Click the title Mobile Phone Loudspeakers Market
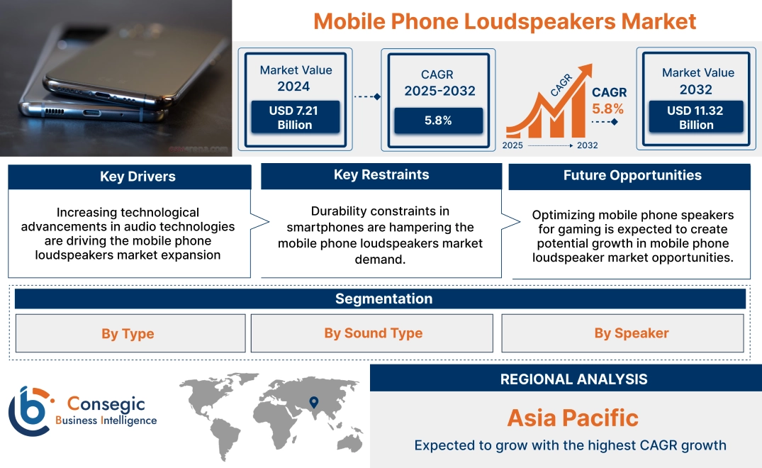tap(505, 21)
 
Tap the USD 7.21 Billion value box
tap(294, 117)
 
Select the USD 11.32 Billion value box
tap(696, 117)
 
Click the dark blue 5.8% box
tap(438, 121)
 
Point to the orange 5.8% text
tap(608, 108)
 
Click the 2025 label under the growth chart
tap(514, 145)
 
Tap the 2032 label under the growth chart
tap(586, 145)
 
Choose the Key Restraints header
tap(381, 175)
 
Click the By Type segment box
tap(128, 333)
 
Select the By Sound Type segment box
tap(373, 333)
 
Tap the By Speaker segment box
tap(631, 333)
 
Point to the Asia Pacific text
tap(572, 418)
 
